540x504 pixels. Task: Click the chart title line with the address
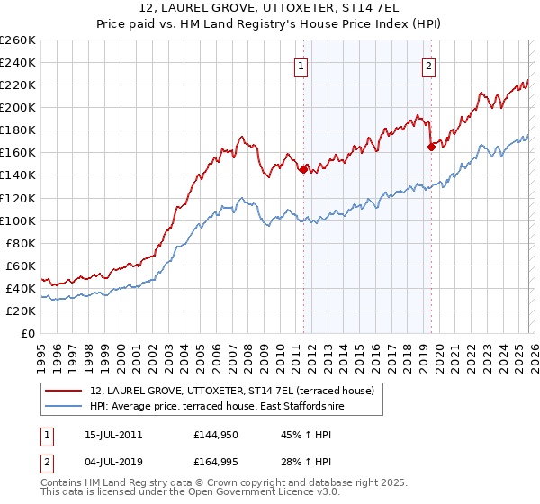click(x=269, y=8)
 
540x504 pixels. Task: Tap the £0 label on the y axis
click(x=27, y=333)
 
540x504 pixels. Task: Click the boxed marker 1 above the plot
click(x=301, y=65)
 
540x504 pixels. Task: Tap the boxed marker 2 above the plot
click(x=428, y=65)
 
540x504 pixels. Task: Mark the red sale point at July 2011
click(x=303, y=168)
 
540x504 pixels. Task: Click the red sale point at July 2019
click(x=431, y=147)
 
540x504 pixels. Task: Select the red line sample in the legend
click(x=65, y=391)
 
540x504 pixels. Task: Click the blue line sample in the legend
click(x=65, y=406)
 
